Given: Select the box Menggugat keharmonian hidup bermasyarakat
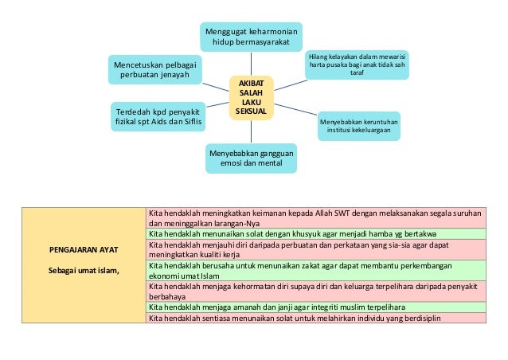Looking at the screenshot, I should [x=251, y=36].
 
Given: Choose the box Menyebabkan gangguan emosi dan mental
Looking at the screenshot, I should [x=252, y=156].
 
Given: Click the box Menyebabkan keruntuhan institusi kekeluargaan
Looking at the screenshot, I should [x=359, y=126].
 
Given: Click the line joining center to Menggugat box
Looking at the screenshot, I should [x=251, y=63].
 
